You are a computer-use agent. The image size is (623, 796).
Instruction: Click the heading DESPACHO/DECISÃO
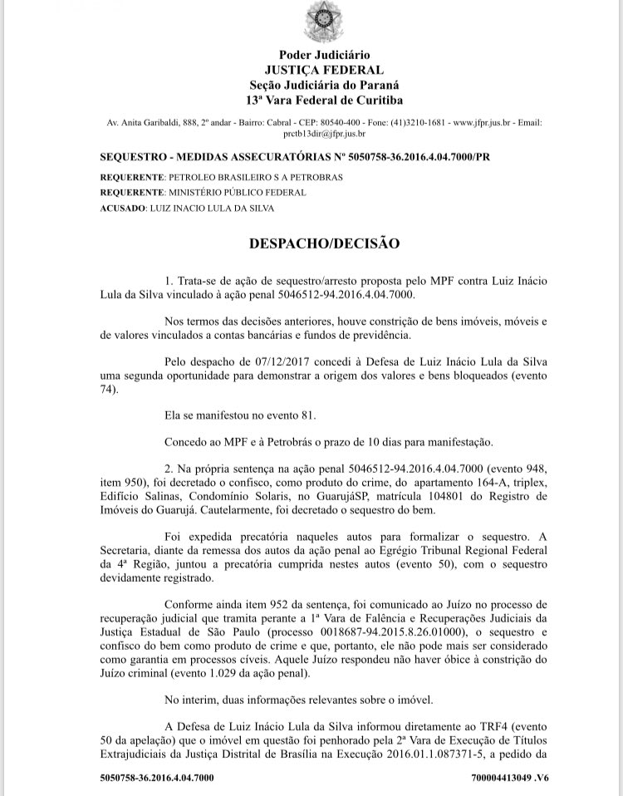pos(325,243)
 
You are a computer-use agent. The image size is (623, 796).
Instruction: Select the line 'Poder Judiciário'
pos(325,55)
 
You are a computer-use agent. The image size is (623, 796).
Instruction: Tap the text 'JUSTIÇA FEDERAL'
pos(325,70)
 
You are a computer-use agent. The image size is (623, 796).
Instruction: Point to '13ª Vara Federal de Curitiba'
pos(325,101)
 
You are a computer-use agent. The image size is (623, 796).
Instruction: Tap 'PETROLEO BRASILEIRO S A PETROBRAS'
pos(256,178)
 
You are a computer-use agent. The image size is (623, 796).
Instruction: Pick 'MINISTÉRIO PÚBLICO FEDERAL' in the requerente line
pos(237,192)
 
